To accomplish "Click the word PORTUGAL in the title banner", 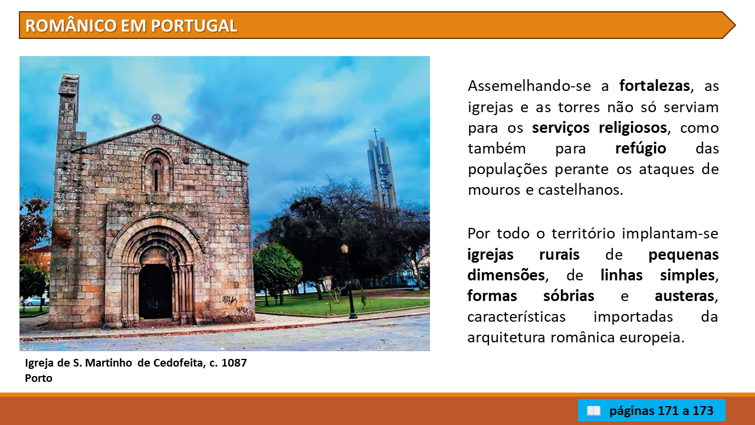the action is tap(194, 25).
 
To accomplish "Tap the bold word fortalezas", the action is tap(655, 86).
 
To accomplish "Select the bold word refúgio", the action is tap(641, 148).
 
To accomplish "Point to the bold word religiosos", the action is tap(633, 128).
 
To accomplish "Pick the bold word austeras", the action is tap(685, 296).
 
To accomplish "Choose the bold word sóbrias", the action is tap(569, 296).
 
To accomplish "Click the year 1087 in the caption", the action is tap(234, 363).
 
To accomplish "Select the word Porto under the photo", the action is tap(38, 378).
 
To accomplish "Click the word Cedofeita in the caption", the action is tap(178, 363).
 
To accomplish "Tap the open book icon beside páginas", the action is tap(593, 411).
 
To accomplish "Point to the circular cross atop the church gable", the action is tap(156, 119).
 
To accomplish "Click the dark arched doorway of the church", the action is tap(155, 291).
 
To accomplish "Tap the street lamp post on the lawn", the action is tap(348, 281).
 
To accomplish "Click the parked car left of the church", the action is tap(35, 301).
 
